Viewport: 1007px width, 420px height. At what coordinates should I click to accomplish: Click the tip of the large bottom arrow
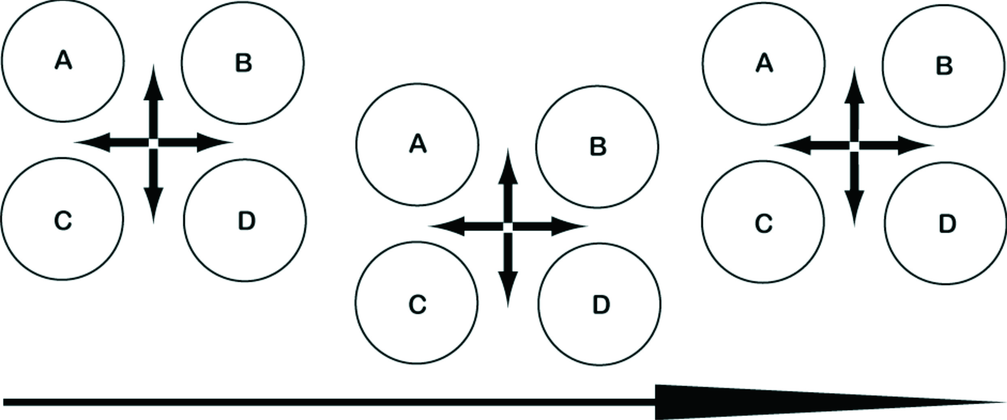(1006, 403)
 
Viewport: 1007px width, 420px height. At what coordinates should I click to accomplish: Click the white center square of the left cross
(153, 143)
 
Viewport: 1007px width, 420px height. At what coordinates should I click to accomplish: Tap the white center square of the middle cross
(508, 227)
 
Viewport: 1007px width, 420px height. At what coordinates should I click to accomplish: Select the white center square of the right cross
(854, 146)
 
